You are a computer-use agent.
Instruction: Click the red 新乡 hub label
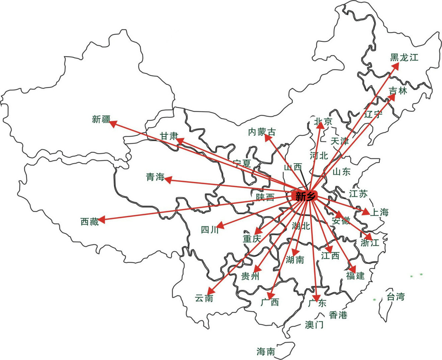click(x=304, y=196)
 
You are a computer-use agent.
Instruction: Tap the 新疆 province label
click(x=101, y=119)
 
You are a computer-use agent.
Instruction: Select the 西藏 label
click(x=90, y=222)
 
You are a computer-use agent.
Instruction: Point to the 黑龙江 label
click(x=404, y=58)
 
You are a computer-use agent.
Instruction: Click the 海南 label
click(x=266, y=352)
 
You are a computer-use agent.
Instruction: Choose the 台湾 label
click(x=396, y=297)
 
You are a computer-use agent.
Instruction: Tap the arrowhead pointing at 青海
click(x=168, y=180)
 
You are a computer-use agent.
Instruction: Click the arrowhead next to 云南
click(x=211, y=291)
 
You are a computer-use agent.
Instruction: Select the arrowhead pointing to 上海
click(x=366, y=212)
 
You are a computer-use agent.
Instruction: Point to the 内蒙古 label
click(x=262, y=132)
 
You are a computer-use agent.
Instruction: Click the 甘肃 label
click(x=169, y=136)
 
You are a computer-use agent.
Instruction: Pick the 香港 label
click(x=338, y=315)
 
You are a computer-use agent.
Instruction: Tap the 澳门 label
click(x=314, y=325)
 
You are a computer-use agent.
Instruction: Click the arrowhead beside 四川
click(x=220, y=225)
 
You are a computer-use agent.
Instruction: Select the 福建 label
click(x=355, y=276)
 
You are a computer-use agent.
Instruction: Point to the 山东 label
click(x=341, y=172)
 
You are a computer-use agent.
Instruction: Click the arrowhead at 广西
click(x=270, y=296)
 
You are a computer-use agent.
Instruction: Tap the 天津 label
click(x=340, y=141)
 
